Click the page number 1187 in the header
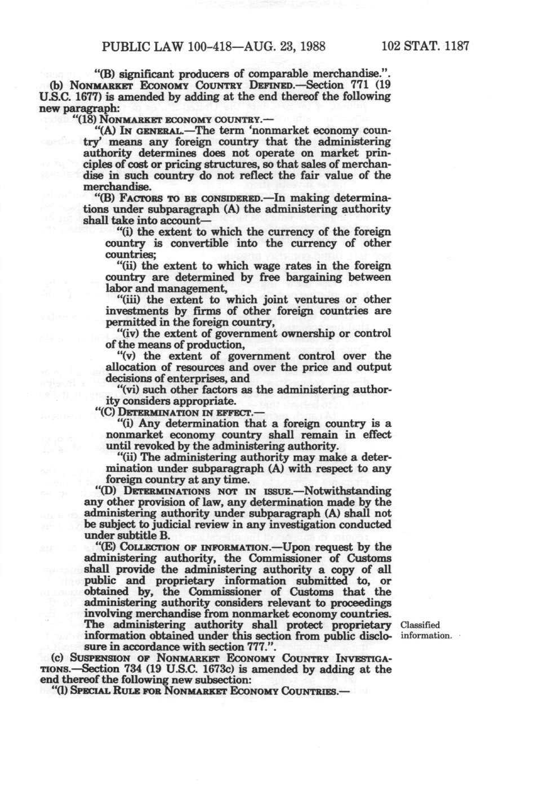(x=456, y=46)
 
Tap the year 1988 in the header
(x=311, y=46)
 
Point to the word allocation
(x=131, y=367)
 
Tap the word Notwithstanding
(x=347, y=490)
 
